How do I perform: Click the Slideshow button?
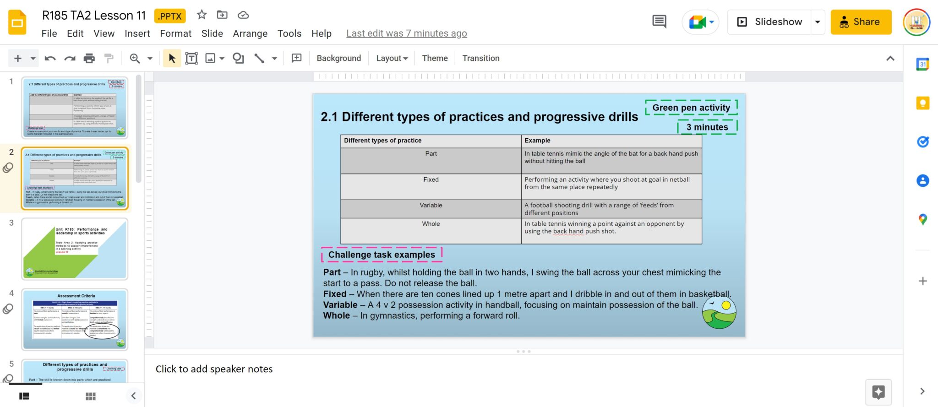click(x=770, y=22)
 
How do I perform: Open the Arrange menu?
click(x=250, y=33)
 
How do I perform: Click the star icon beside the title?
click(x=202, y=15)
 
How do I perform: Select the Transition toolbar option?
click(x=480, y=58)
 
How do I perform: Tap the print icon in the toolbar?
click(x=89, y=58)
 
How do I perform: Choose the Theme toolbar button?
click(x=435, y=58)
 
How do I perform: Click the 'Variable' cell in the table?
click(x=431, y=206)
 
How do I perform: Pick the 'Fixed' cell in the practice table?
click(x=431, y=180)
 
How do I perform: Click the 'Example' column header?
click(x=537, y=141)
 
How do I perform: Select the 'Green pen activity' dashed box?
click(x=691, y=108)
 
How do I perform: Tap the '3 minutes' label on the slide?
click(x=707, y=127)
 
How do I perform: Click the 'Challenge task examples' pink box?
click(x=382, y=255)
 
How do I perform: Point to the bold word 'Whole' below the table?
click(x=336, y=315)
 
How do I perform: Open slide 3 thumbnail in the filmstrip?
click(x=75, y=249)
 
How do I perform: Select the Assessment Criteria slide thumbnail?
click(x=75, y=319)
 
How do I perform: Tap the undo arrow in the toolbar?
click(x=50, y=58)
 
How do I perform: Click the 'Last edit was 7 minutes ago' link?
click(x=406, y=33)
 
